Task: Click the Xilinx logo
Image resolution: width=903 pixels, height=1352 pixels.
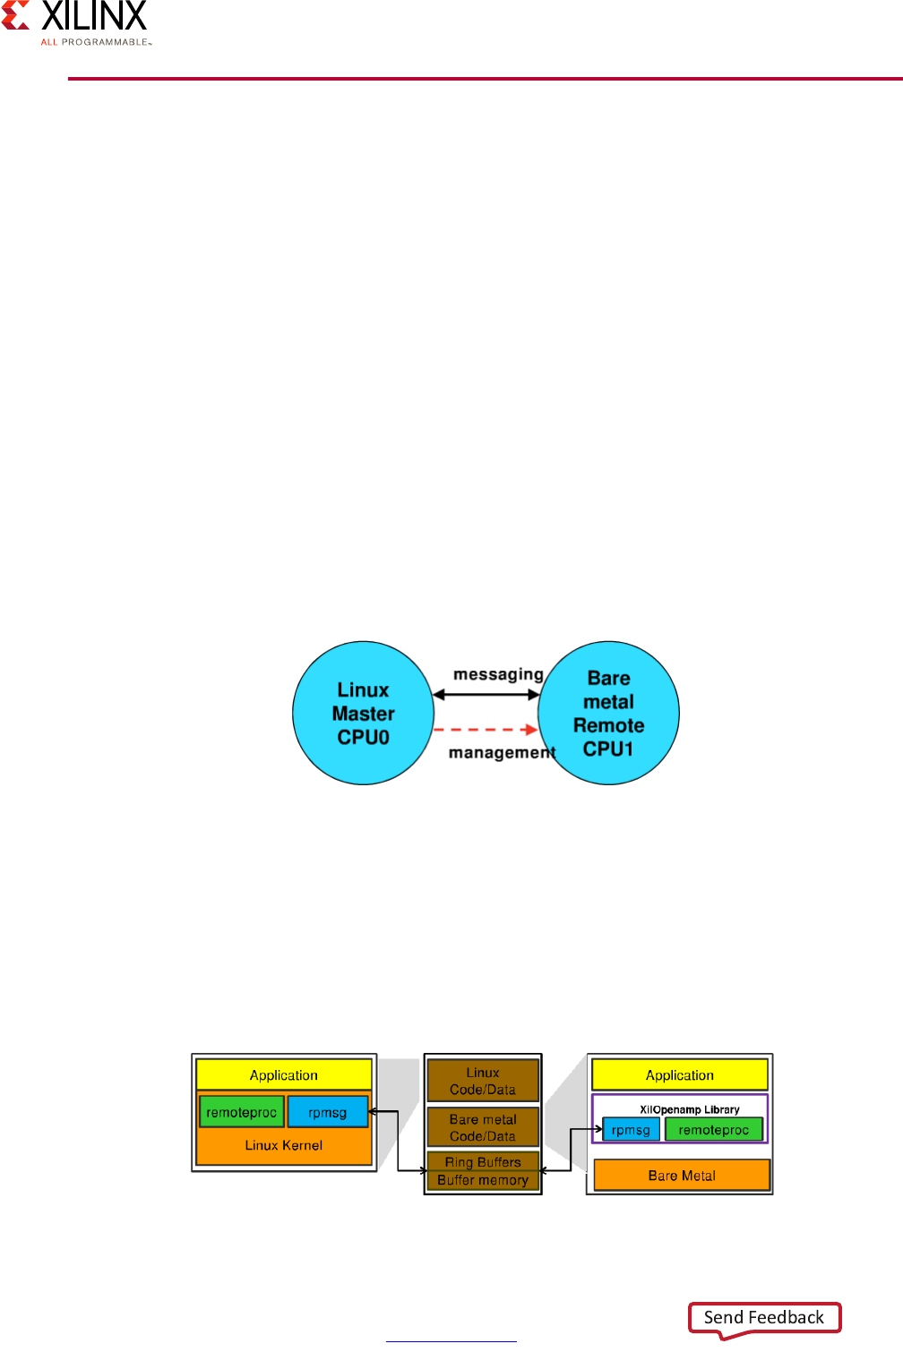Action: click(x=76, y=22)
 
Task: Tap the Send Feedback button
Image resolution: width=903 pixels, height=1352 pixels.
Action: click(x=764, y=1317)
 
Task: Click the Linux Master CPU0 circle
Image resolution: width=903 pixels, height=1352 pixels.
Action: click(x=363, y=714)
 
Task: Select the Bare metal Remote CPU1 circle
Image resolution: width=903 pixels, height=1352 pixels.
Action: click(x=609, y=714)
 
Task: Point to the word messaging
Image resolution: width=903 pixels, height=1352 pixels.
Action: click(x=498, y=674)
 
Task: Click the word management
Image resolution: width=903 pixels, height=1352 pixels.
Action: click(x=502, y=753)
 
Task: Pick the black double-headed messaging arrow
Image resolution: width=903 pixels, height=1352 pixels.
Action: click(x=486, y=694)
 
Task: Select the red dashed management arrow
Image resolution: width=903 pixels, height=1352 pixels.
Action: click(x=485, y=730)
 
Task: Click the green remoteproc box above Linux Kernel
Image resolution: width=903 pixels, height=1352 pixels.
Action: click(x=241, y=1112)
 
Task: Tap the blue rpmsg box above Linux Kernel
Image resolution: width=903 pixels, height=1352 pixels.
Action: click(x=327, y=1112)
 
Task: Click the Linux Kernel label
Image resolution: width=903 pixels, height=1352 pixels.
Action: click(x=283, y=1145)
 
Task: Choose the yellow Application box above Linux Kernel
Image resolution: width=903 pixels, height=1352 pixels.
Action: click(x=283, y=1074)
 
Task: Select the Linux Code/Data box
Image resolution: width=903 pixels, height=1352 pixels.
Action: click(x=483, y=1081)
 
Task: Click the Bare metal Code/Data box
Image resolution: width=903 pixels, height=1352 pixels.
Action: click(x=483, y=1127)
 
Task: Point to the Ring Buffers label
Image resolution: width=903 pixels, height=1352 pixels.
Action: click(x=483, y=1162)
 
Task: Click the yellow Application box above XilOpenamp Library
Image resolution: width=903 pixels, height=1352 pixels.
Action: click(x=680, y=1074)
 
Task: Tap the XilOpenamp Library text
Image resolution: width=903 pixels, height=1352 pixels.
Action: click(x=689, y=1109)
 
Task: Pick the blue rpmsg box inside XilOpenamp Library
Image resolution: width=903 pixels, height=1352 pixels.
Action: click(x=631, y=1130)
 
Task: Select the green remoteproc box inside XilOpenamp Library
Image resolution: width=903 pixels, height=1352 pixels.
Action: click(x=713, y=1130)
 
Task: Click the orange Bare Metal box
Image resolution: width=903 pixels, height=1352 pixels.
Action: click(x=682, y=1176)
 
